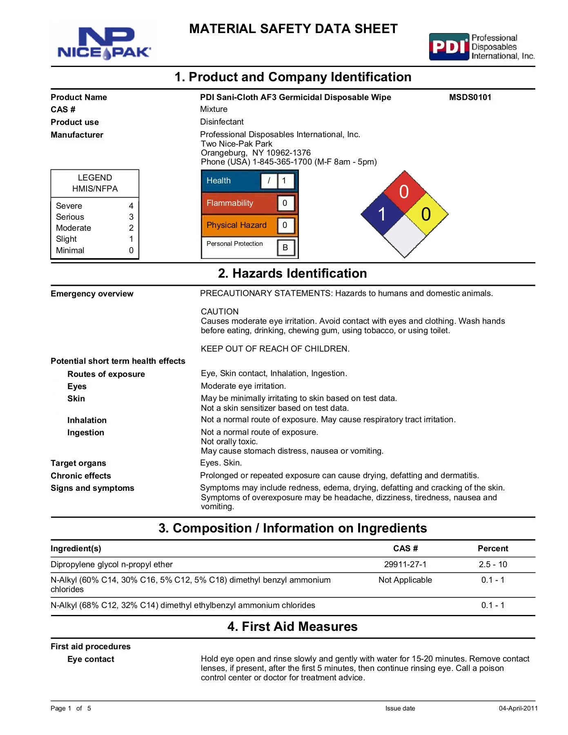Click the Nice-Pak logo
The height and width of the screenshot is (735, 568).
(104, 42)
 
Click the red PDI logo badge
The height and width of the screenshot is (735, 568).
(449, 47)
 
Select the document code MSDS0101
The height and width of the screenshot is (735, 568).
(470, 97)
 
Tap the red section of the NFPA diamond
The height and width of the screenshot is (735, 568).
(404, 192)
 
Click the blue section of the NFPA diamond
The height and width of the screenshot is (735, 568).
(382, 214)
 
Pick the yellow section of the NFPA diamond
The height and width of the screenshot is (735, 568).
(426, 214)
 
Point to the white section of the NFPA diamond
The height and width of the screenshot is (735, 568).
(404, 236)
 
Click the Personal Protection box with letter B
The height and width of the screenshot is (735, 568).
(285, 247)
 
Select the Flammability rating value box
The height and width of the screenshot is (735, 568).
(285, 203)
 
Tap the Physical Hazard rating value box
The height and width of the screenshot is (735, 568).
(285, 225)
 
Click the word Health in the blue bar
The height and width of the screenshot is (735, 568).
(218, 180)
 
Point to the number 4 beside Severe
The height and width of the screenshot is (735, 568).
(131, 206)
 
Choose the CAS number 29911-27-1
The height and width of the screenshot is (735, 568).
(405, 564)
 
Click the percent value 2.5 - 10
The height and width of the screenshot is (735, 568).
(493, 564)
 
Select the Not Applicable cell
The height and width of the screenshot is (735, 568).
(405, 580)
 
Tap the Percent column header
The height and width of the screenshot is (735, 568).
(493, 548)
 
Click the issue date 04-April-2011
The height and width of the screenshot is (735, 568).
(518, 708)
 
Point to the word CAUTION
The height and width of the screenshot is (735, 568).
(220, 312)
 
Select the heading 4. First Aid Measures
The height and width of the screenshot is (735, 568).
(292, 626)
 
